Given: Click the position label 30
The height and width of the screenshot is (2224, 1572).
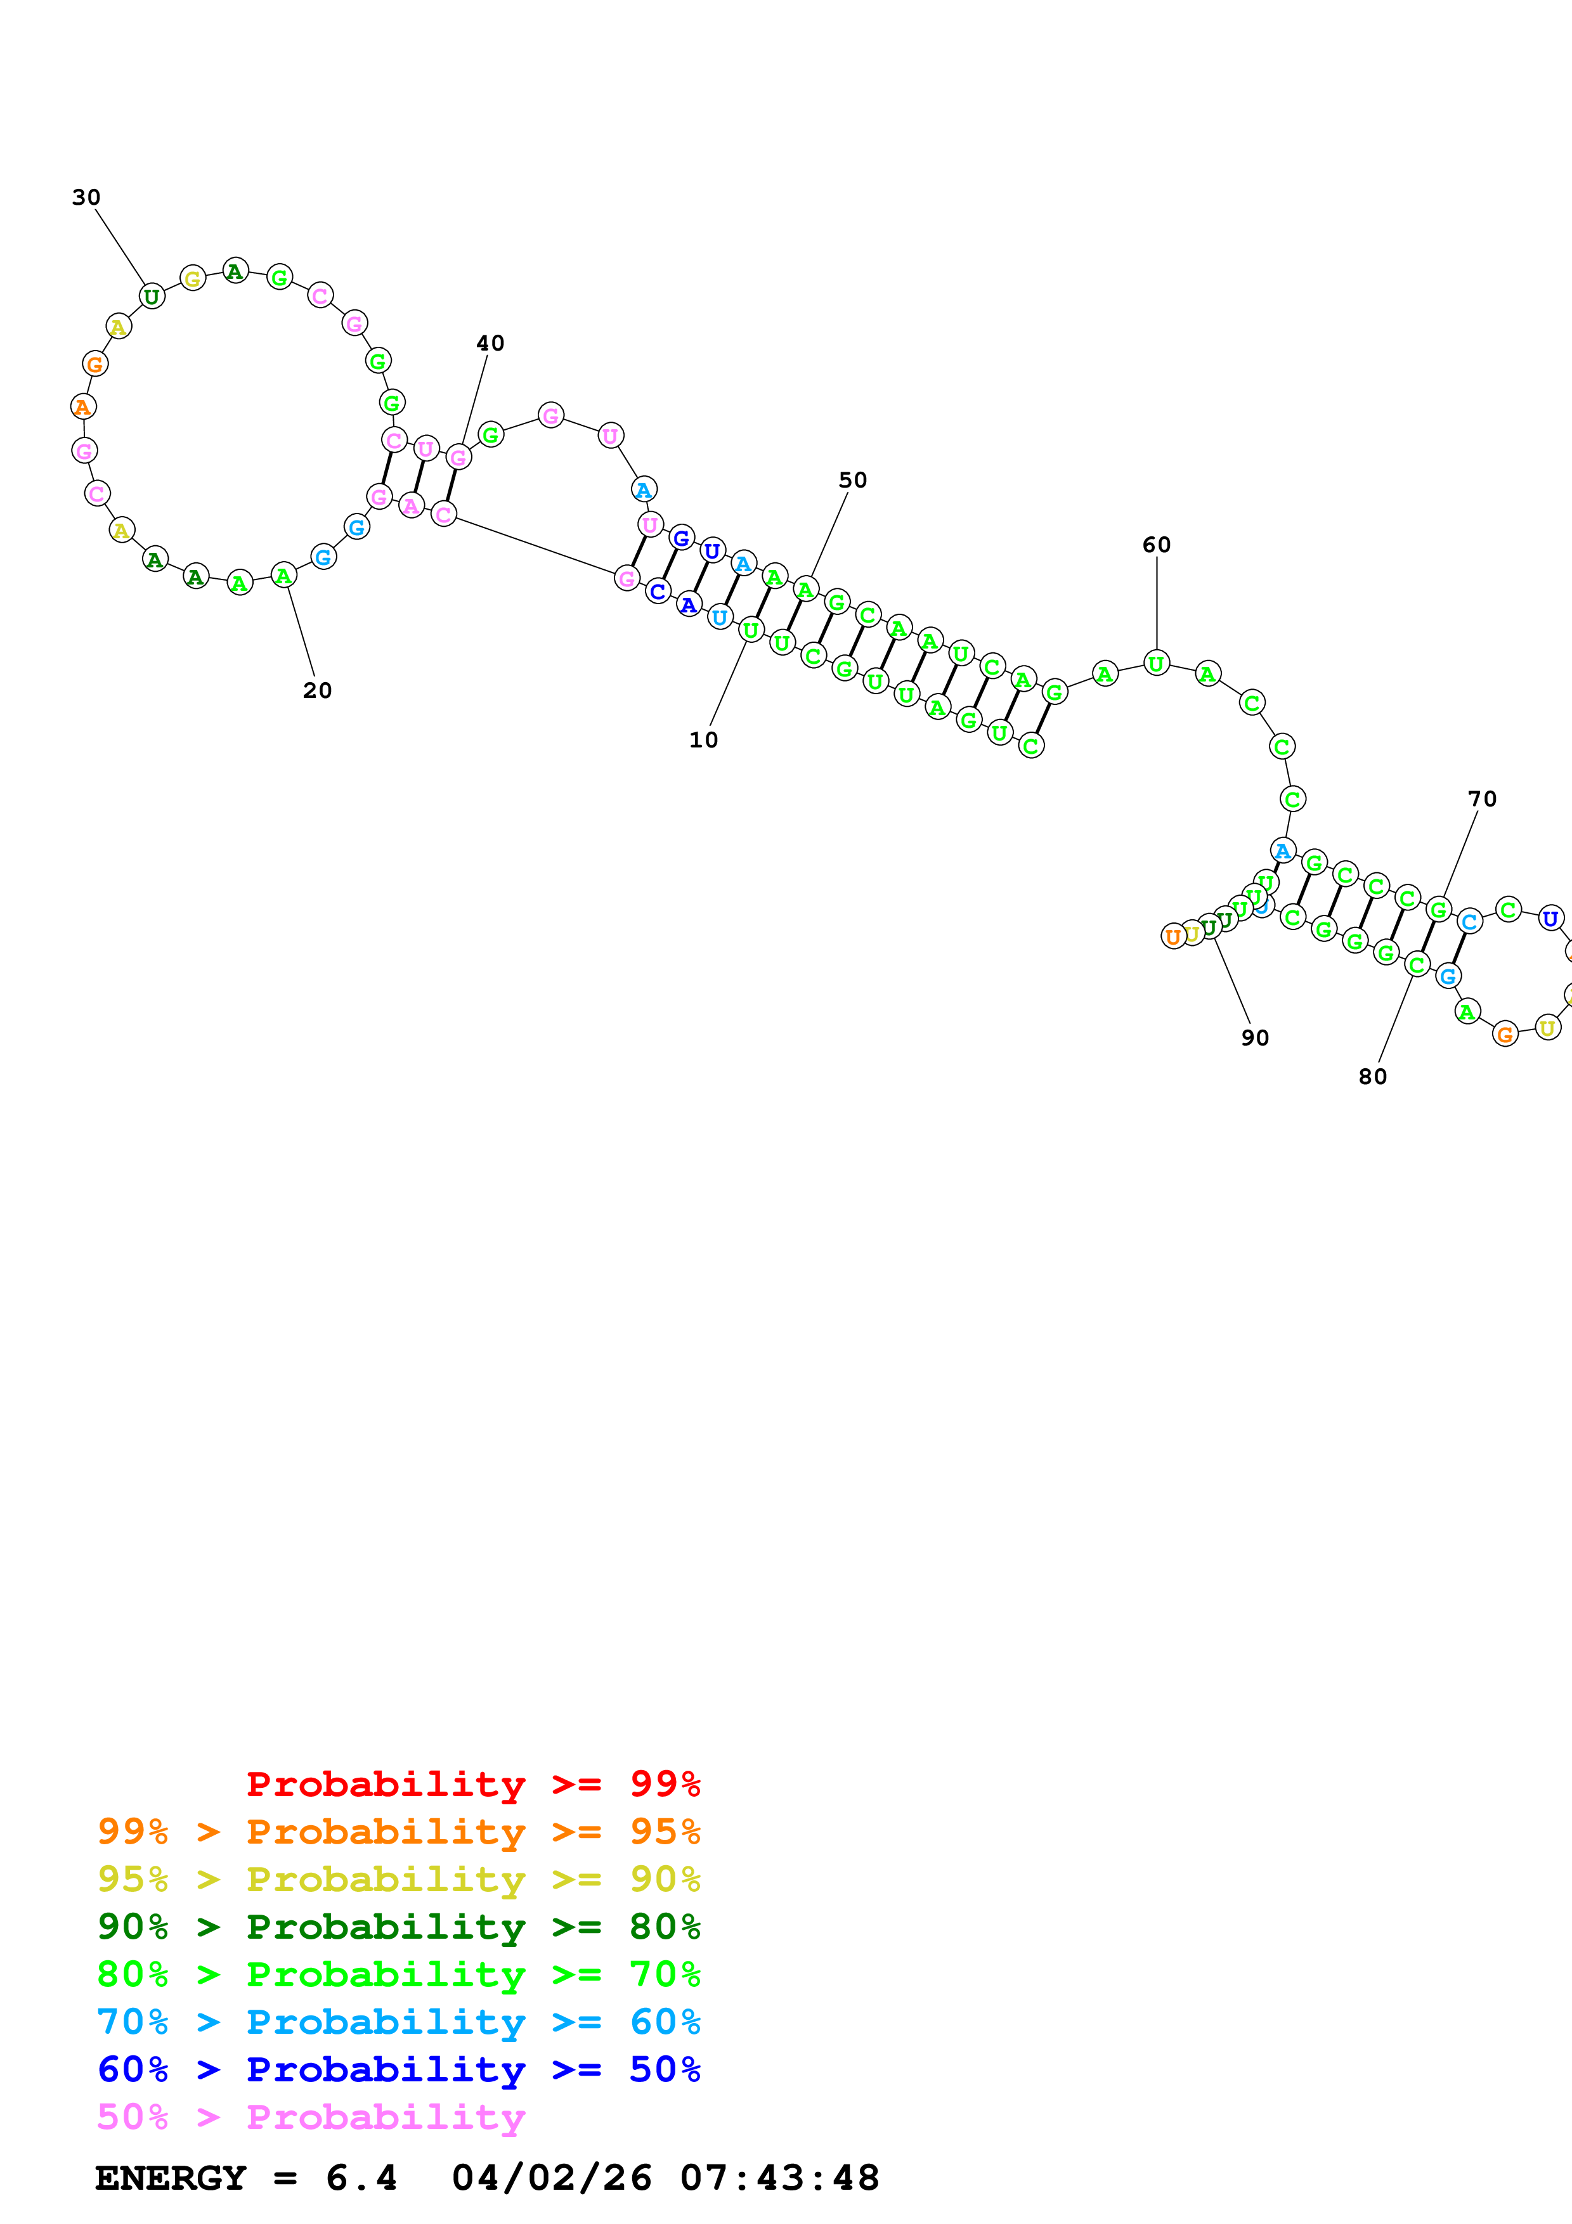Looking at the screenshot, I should (x=86, y=198).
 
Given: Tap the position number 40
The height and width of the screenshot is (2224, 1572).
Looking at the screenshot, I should (x=490, y=343).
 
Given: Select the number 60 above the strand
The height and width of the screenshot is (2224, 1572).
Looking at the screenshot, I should (x=1157, y=545).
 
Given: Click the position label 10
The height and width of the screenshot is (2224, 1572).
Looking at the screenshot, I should (x=703, y=740).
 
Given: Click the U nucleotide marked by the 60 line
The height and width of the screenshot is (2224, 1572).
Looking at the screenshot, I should (x=1155, y=664).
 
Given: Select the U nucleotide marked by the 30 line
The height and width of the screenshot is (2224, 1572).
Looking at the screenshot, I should (x=152, y=297).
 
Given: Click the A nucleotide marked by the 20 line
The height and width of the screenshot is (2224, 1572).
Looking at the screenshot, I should (x=283, y=576).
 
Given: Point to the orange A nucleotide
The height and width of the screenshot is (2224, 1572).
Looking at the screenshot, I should (x=83, y=407).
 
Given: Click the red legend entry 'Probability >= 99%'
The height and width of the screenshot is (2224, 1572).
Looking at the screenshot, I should (x=472, y=1784).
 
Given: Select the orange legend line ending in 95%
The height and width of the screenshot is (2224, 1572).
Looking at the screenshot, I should (x=398, y=1832).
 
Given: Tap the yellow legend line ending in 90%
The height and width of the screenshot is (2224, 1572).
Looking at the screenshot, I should (x=398, y=1879).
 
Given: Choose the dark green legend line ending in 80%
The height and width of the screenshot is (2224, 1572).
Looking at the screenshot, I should (x=398, y=1927).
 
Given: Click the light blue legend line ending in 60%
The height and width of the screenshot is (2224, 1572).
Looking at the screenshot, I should (x=398, y=2022).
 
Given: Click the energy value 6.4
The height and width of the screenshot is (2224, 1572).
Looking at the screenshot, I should (x=360, y=2178).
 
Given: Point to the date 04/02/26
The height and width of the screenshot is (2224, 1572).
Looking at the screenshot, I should (x=551, y=2178).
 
